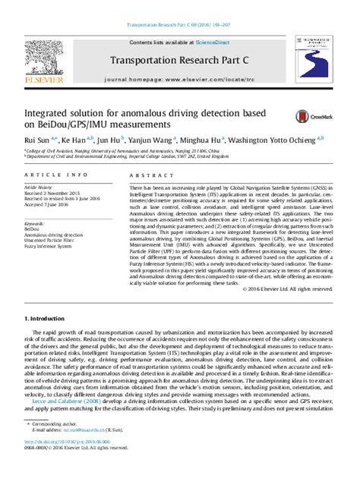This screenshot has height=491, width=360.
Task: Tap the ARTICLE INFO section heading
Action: (x=46, y=175)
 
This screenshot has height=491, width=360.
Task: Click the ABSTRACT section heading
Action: (x=145, y=175)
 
